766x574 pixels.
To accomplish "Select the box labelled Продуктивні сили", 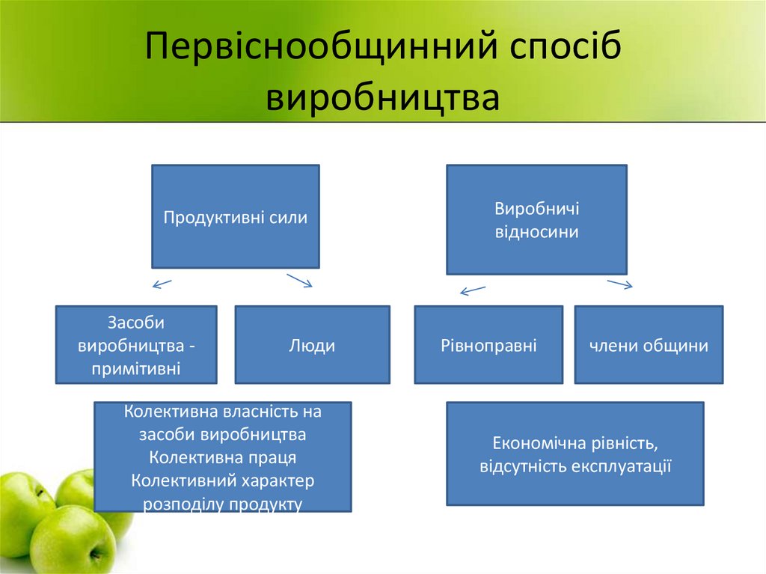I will pyautogui.click(x=236, y=217).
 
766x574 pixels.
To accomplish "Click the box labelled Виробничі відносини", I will pyautogui.click(x=536, y=220).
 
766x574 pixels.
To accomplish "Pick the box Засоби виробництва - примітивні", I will pyautogui.click(x=136, y=345).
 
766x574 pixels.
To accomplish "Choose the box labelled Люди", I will pyautogui.click(x=312, y=345).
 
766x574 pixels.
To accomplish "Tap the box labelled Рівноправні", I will pyautogui.click(x=488, y=345).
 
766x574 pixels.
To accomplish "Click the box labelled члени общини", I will pyautogui.click(x=649, y=345).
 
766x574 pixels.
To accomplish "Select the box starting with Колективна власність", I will pyautogui.click(x=223, y=457).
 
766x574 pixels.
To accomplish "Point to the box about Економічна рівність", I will pyautogui.click(x=574, y=454).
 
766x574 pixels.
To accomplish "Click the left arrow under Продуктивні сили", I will pyautogui.click(x=162, y=284).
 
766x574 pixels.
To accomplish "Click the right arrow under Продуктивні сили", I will pyautogui.click(x=299, y=280).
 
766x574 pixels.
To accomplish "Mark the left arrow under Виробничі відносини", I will pyautogui.click(x=473, y=290).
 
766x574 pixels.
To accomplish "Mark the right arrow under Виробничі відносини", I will pyautogui.click(x=619, y=284).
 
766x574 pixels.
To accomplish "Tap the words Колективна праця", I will pyautogui.click(x=223, y=457).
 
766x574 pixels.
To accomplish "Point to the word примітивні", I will pyautogui.click(x=136, y=367).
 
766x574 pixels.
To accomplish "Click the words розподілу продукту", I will pyautogui.click(x=223, y=504).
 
